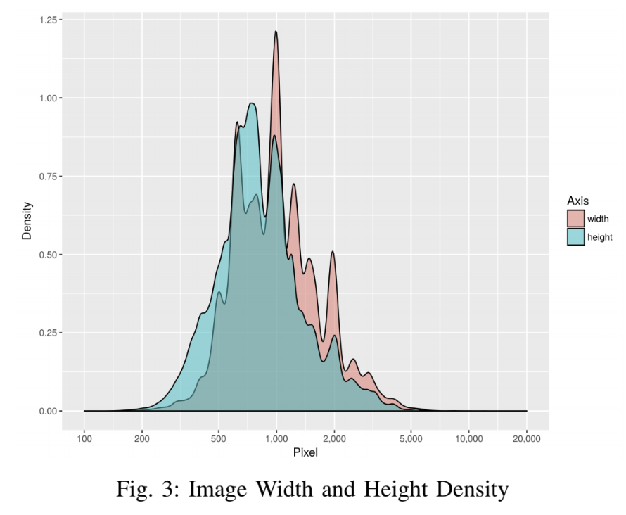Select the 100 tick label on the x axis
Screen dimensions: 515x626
[x=84, y=439]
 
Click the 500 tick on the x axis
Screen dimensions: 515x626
[x=219, y=439]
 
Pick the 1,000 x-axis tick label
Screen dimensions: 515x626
[x=276, y=439]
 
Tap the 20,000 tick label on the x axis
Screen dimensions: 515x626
[x=526, y=439]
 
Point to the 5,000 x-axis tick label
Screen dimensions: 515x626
[x=411, y=439]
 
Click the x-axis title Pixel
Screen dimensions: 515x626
[x=305, y=453]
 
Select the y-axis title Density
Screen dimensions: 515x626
[x=27, y=221]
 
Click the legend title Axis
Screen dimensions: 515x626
[x=577, y=201]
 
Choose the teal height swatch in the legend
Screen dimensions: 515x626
[x=576, y=237]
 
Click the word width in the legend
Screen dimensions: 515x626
[x=599, y=219]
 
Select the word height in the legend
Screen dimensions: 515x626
[x=601, y=237]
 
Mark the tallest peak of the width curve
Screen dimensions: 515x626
[x=276, y=32]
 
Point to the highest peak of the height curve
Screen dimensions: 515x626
[x=251, y=104]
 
